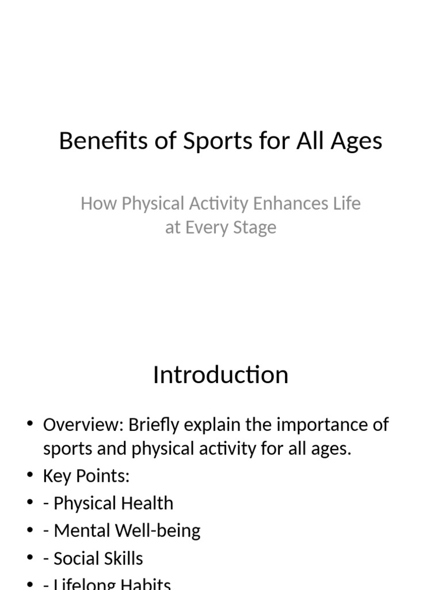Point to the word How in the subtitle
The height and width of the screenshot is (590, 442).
pos(94,203)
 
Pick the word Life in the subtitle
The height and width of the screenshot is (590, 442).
pos(347,203)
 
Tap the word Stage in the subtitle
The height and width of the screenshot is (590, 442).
pos(254,228)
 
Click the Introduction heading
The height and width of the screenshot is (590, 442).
pos(220,375)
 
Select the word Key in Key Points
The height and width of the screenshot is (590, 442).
pos(56,476)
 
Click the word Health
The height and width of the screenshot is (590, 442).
pos(147,503)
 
